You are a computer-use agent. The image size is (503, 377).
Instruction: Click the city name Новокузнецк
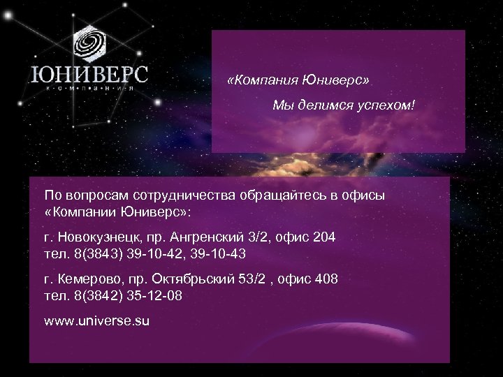(99, 238)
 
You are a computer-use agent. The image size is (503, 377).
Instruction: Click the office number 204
(324, 238)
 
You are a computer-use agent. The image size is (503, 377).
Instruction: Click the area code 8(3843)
(92, 252)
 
